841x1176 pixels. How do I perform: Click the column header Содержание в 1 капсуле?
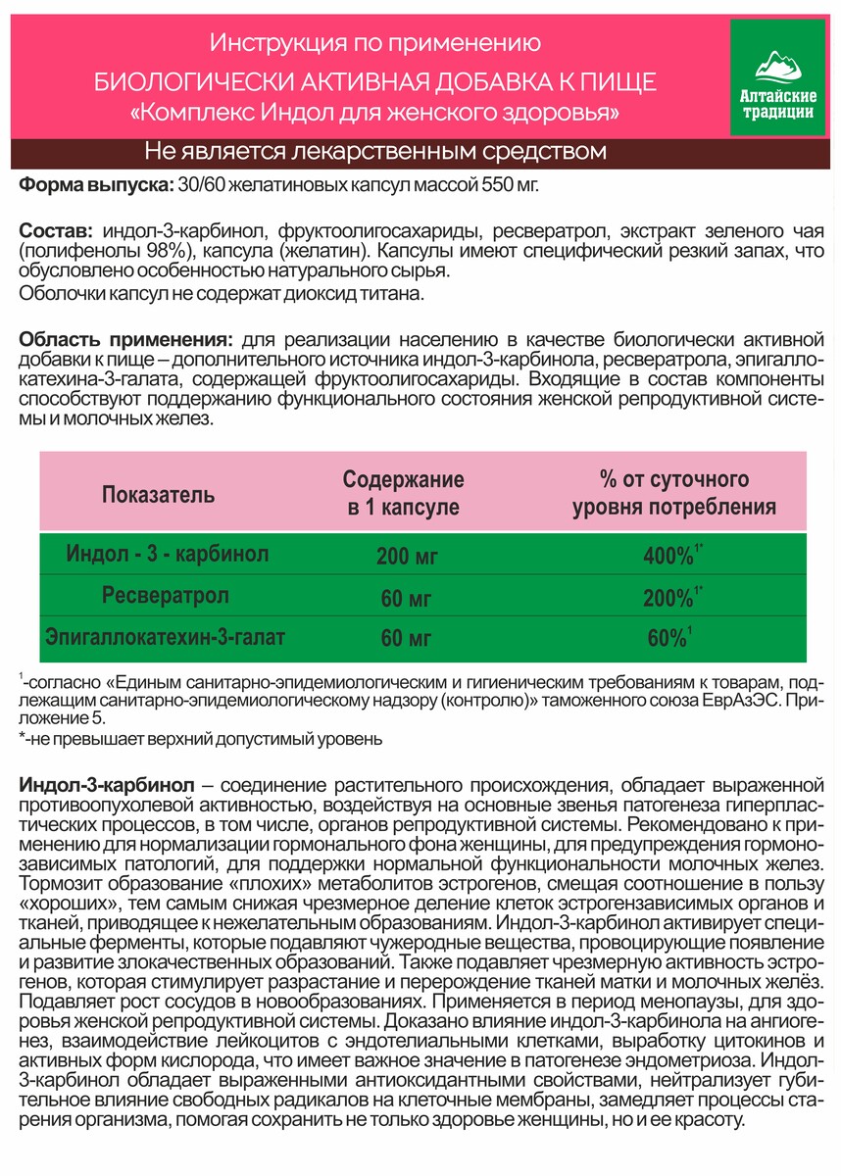tap(403, 493)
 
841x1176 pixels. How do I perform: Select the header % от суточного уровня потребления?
tap(673, 493)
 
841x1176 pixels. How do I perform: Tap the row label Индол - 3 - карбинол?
tap(168, 554)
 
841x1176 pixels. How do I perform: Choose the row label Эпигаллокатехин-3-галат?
tap(166, 638)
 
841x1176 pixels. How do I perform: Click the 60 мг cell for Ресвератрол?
tap(406, 598)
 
